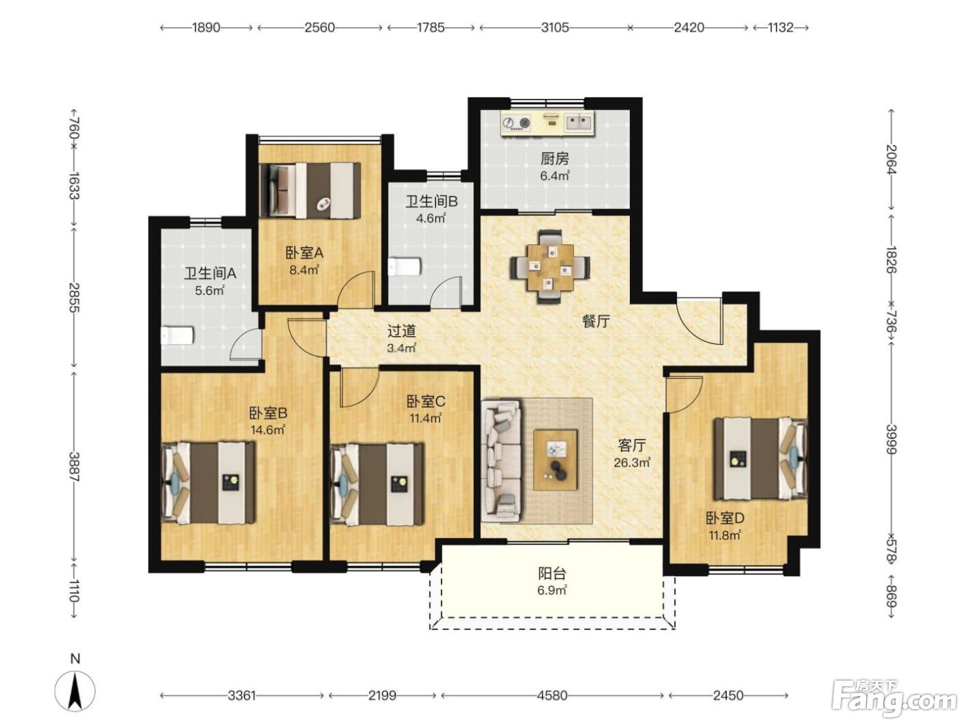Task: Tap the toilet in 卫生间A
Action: [x=176, y=336]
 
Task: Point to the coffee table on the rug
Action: [x=555, y=460]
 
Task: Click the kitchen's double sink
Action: [x=579, y=123]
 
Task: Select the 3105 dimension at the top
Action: [x=555, y=28]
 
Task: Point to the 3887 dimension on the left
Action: [x=74, y=467]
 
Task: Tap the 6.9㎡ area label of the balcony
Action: [x=552, y=590]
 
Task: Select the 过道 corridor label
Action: [x=401, y=331]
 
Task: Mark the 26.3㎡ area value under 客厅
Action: [x=632, y=463]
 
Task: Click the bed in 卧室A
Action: [x=310, y=190]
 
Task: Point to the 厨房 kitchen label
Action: [x=554, y=159]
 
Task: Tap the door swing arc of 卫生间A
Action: [x=241, y=339]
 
